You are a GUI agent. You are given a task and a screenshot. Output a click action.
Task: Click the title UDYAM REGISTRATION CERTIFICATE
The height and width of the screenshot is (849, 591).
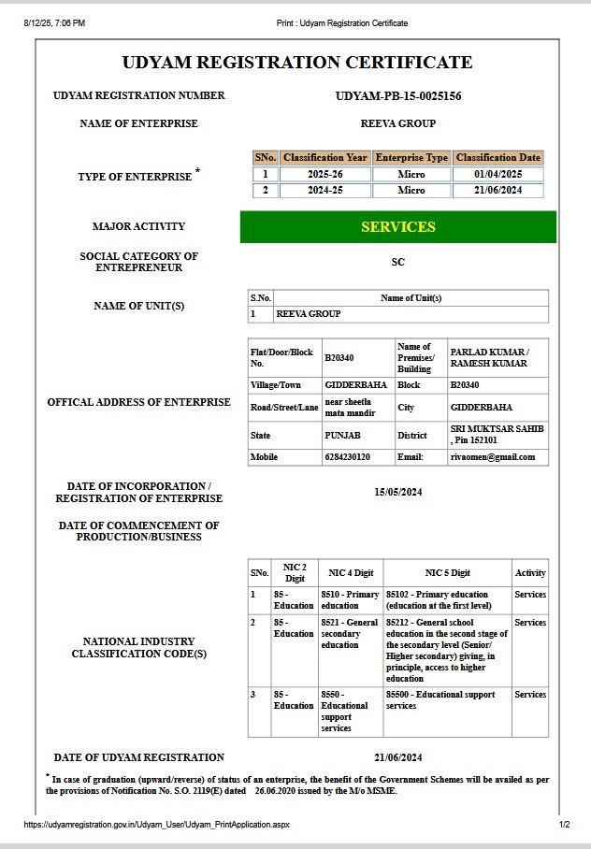tap(296, 63)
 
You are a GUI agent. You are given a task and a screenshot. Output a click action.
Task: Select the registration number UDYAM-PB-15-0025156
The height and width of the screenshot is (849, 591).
tap(397, 96)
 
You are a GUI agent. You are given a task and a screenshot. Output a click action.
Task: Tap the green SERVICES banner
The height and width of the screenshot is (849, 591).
tap(397, 226)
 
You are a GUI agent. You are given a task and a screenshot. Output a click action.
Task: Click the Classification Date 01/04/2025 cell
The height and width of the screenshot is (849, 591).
tap(497, 174)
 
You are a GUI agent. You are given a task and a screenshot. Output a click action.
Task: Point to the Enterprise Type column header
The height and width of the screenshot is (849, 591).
tap(411, 158)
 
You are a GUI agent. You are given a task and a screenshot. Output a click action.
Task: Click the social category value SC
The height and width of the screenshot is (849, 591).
tap(397, 263)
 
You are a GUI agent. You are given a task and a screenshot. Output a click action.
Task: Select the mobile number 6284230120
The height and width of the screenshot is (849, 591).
tap(348, 457)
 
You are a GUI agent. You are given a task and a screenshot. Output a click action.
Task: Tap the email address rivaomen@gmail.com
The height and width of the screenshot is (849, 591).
tap(493, 457)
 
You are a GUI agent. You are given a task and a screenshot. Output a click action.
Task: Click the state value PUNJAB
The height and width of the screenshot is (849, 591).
tap(342, 435)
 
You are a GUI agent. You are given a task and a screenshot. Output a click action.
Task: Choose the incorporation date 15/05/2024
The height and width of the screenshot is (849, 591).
tap(397, 492)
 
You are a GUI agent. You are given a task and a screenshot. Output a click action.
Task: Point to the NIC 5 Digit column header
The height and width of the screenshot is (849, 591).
tap(447, 572)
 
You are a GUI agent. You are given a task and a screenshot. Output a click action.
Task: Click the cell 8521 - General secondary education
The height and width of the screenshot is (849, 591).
tap(349, 633)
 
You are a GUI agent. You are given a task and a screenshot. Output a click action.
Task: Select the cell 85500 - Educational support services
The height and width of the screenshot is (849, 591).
tap(446, 700)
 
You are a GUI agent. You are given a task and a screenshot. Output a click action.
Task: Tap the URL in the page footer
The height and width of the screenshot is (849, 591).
tap(156, 825)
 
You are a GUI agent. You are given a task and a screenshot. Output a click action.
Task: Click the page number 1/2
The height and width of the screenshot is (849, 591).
tap(563, 825)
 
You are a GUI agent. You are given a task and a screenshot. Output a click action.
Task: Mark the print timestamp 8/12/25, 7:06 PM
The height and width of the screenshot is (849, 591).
tap(54, 22)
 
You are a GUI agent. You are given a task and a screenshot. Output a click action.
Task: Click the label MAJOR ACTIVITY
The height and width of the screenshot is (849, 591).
tap(138, 226)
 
